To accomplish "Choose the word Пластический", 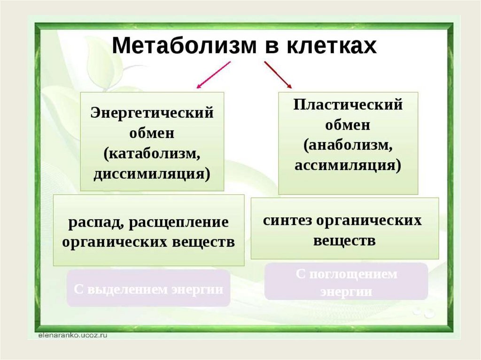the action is point(348,104).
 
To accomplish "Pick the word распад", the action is point(93,222).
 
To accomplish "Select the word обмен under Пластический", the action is point(348,125).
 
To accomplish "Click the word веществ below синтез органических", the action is point(344,241).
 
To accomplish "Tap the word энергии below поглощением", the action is point(346,291).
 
